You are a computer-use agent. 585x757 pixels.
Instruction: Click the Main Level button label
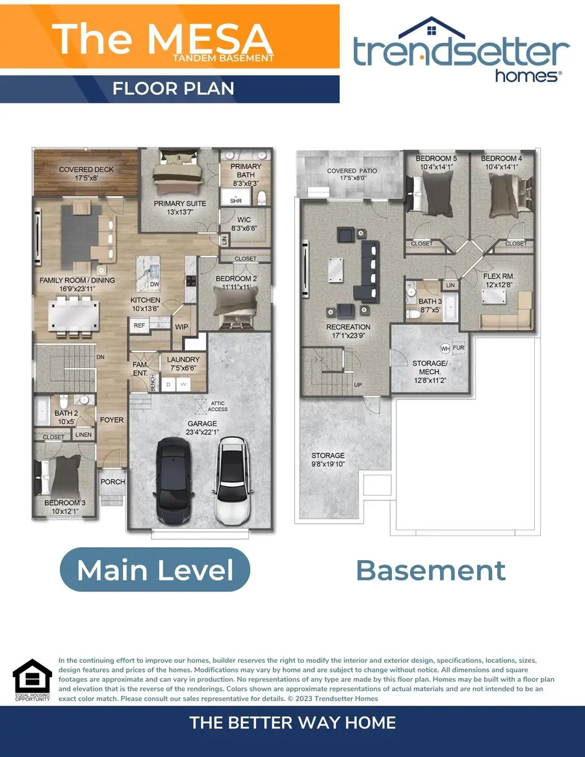click(155, 570)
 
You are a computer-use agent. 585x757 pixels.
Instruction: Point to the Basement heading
click(430, 570)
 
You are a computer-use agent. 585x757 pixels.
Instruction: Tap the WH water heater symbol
click(445, 348)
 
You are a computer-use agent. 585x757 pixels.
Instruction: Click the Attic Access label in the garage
click(218, 406)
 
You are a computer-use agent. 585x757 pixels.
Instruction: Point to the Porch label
click(112, 481)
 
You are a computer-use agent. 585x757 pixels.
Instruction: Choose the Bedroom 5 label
click(436, 162)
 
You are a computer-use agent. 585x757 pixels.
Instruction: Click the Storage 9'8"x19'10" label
click(328, 459)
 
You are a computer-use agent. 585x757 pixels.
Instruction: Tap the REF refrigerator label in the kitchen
click(139, 325)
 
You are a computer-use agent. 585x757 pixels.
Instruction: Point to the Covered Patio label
click(351, 174)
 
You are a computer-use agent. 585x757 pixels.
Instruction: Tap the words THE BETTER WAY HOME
click(292, 723)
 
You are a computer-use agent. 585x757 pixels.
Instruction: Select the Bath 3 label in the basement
click(430, 305)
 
